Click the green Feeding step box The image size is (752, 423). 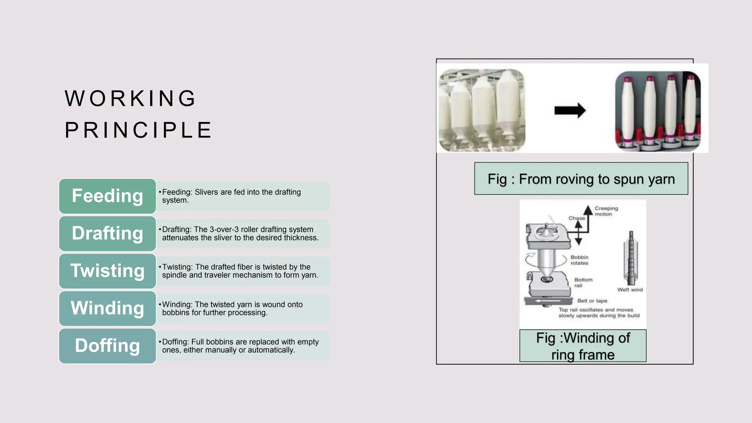(107, 196)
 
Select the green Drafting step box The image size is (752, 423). (107, 234)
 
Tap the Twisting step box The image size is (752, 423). (107, 271)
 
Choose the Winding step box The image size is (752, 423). (107, 308)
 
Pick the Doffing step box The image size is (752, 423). (107, 346)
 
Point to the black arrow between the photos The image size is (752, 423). (570, 110)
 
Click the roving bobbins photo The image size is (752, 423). (482, 110)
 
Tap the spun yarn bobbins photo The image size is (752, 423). (658, 111)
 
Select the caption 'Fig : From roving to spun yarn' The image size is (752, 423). (581, 179)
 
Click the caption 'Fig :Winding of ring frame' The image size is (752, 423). (583, 346)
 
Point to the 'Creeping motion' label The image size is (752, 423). (606, 211)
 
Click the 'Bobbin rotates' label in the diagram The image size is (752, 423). (579, 260)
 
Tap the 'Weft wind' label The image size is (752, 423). (630, 290)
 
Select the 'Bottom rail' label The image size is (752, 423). (583, 282)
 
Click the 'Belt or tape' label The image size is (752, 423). (592, 301)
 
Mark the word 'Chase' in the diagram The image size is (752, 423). (576, 218)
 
